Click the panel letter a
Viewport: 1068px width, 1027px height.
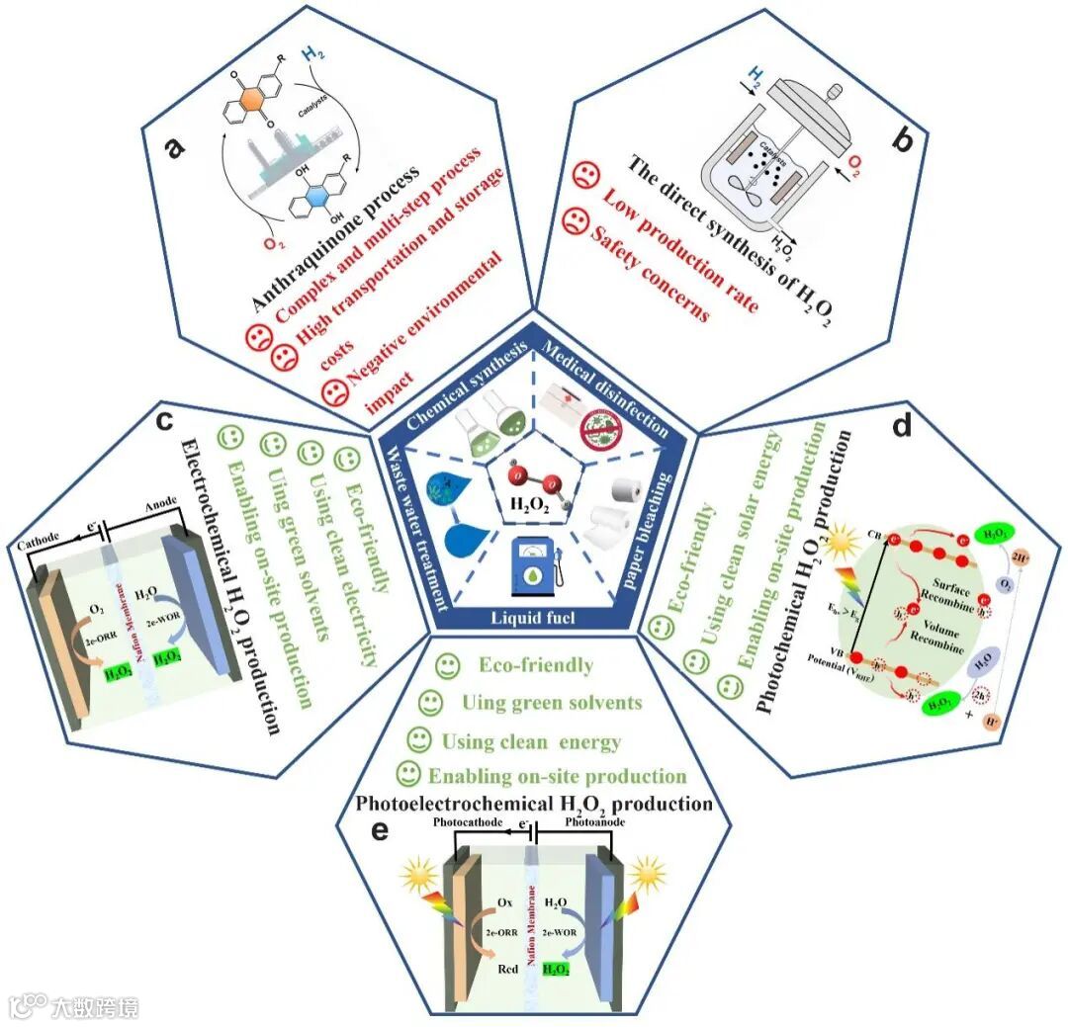point(175,148)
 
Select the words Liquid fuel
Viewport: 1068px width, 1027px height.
point(533,618)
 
